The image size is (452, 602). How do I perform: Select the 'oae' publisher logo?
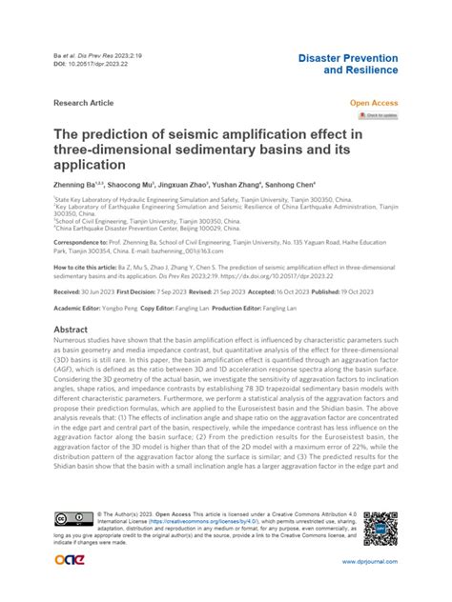coord(72,560)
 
